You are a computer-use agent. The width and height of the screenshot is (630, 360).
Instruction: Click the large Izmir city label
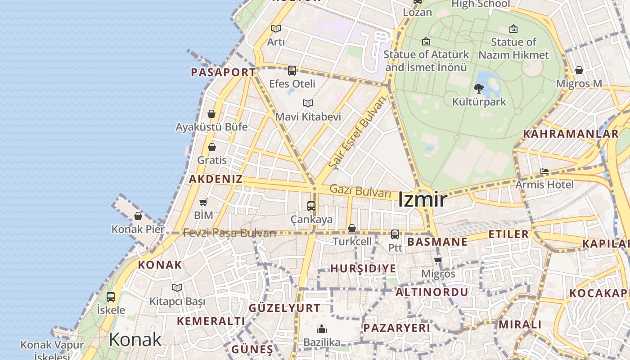(422, 200)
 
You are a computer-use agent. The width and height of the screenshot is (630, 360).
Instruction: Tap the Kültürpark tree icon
(479, 89)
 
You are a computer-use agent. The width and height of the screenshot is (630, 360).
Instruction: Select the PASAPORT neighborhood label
(223, 72)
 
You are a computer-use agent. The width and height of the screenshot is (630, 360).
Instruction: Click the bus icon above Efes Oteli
(292, 71)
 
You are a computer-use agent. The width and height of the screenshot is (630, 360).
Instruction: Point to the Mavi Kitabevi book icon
(308, 103)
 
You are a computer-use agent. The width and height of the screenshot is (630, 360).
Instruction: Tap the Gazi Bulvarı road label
(360, 191)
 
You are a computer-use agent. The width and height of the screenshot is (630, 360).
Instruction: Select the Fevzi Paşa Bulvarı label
(229, 233)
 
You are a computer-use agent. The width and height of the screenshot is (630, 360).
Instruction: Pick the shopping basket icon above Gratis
(212, 147)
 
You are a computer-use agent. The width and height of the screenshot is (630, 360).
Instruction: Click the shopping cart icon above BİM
(203, 202)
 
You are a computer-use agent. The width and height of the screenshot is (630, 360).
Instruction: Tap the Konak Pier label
(138, 229)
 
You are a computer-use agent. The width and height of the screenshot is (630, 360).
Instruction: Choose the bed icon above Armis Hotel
(544, 171)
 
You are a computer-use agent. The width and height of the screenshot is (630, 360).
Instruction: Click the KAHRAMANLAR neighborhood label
(571, 134)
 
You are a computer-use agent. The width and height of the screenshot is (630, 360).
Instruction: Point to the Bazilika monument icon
(322, 329)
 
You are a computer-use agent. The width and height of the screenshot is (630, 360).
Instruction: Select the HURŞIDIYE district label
(363, 269)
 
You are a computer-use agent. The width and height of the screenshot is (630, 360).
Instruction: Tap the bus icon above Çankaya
(311, 206)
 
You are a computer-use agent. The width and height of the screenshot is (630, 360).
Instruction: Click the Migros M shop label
(579, 84)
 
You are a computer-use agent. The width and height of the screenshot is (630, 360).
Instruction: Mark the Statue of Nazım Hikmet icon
(513, 29)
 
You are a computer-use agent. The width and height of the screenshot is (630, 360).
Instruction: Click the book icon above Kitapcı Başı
(177, 288)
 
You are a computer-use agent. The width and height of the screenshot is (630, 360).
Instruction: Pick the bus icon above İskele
(111, 297)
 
